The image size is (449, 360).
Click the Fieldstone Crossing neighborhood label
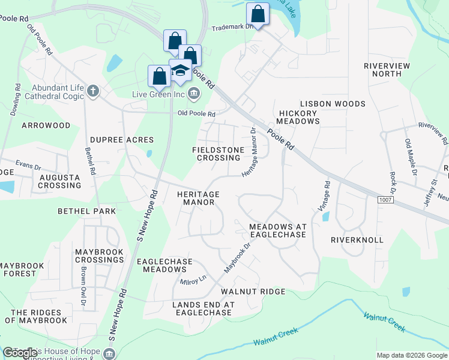coord(216,154)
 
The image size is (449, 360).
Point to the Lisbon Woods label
coord(333,104)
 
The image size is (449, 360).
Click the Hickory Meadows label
coord(298,117)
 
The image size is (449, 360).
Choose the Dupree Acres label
coord(122,140)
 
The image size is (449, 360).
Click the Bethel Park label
coord(87,211)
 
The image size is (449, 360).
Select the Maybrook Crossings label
coord(99,256)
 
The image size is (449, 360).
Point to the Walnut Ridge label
coord(253,292)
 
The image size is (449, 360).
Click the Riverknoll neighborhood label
coord(357,239)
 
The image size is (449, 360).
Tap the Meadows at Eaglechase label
coord(278,230)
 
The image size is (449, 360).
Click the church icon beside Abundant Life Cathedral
coord(92,91)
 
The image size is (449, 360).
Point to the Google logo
coord(20,353)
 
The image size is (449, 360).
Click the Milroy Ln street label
coord(193,280)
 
